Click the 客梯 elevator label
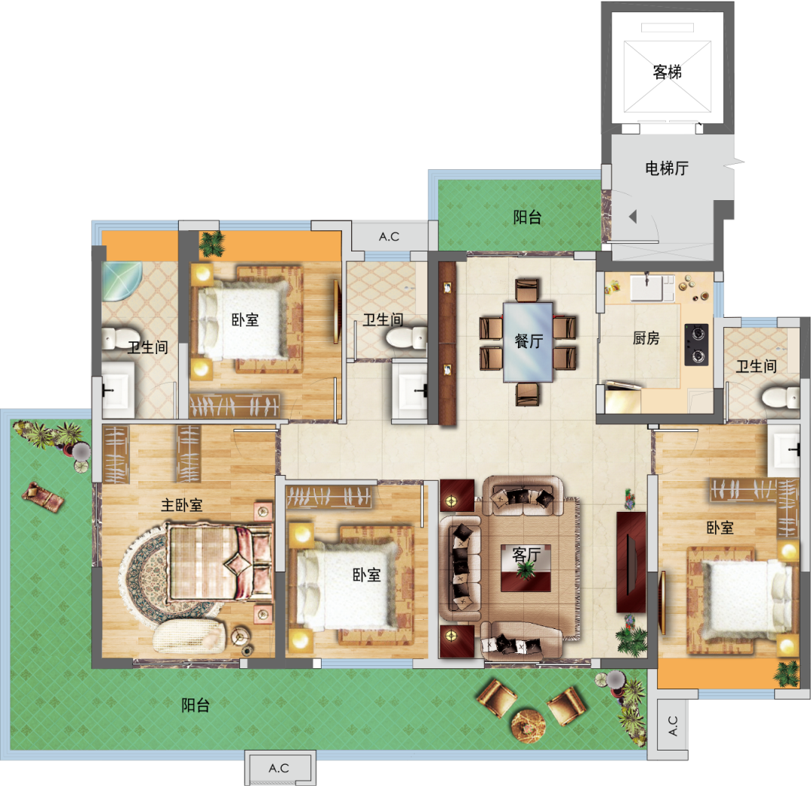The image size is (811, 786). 668,72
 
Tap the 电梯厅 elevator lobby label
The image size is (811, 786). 667,168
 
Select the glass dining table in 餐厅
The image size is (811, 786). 528,342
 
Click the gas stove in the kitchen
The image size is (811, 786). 696,344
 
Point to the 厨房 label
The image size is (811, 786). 646,338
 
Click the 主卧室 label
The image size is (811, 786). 181,504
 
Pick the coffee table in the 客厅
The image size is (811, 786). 526,568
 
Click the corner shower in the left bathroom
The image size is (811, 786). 121,282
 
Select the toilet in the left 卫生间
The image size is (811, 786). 115,338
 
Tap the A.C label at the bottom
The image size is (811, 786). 279,768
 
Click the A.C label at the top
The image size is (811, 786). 389,236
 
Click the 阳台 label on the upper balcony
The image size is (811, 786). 527,217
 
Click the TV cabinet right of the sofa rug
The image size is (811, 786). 631,562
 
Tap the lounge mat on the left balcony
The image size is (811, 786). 43,496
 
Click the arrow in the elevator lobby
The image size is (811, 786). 633,217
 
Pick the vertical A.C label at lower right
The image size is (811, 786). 673,726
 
